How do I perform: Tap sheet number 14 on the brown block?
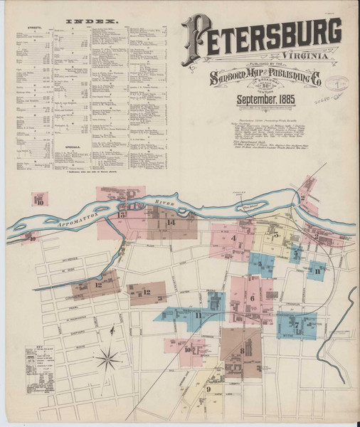point(171,222)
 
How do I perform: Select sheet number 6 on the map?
point(252,297)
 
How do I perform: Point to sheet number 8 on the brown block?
point(242,350)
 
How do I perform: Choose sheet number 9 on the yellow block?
point(208,389)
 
